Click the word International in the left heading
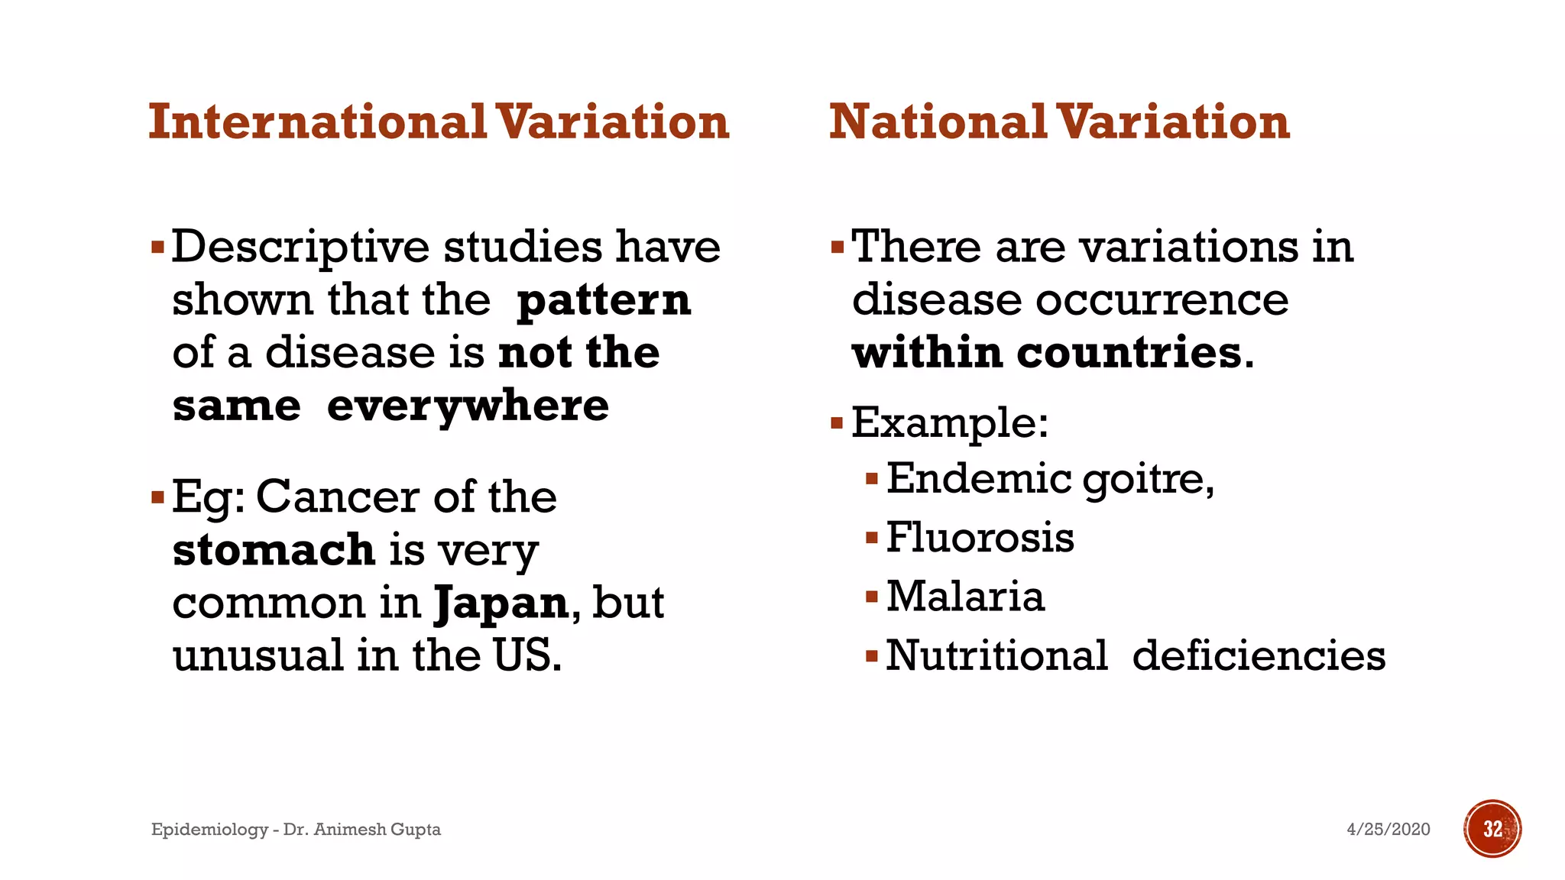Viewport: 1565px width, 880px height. [317, 122]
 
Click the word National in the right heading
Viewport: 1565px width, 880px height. [937, 122]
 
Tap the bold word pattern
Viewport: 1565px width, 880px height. [604, 300]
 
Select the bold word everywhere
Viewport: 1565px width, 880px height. [468, 406]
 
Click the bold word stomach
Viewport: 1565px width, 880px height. [274, 550]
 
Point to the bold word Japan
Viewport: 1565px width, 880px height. [501, 603]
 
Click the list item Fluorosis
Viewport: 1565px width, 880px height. [980, 537]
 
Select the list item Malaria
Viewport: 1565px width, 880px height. [965, 596]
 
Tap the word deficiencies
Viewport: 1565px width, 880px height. [1259, 655]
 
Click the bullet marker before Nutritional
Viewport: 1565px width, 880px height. [872, 655]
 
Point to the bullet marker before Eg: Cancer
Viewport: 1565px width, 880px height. [158, 498]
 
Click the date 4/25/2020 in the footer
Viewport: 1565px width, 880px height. [1388, 830]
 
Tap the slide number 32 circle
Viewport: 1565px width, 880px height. [1492, 829]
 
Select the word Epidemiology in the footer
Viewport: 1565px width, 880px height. [209, 830]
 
